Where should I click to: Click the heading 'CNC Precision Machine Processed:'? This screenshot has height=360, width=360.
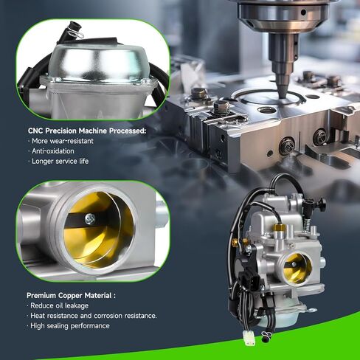[x=87, y=131]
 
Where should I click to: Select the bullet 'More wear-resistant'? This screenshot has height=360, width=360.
[x=63, y=141]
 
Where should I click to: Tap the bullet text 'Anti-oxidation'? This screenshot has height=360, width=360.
[x=53, y=151]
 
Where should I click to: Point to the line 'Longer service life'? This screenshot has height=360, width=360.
[x=60, y=161]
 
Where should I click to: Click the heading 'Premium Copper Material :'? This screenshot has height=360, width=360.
[x=71, y=295]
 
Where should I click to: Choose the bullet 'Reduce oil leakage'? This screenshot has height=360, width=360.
[x=59, y=305]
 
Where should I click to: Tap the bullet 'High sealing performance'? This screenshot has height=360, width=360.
[x=70, y=326]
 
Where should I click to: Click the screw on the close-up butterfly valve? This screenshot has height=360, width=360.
[x=90, y=218]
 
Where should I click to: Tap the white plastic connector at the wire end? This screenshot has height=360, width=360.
[x=248, y=336]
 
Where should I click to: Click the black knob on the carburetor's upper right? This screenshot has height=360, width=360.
[x=320, y=204]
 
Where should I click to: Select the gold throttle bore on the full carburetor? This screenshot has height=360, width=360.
[x=297, y=269]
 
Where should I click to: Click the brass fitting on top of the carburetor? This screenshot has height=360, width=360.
[x=279, y=228]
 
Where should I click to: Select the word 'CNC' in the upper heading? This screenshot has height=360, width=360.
[x=35, y=131]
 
